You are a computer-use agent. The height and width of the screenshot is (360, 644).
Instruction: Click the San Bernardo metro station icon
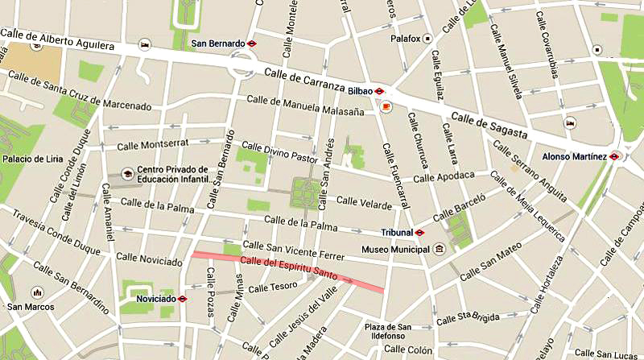[252, 43]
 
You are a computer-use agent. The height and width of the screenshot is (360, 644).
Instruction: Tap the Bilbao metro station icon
[378, 91]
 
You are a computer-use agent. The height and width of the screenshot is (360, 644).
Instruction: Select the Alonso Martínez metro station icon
[614, 155]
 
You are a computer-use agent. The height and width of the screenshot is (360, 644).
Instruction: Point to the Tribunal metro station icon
[419, 232]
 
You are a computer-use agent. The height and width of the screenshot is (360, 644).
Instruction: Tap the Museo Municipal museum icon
[439, 249]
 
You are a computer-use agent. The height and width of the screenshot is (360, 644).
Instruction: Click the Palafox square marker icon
[428, 38]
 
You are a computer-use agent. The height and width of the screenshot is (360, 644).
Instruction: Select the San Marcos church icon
[36, 293]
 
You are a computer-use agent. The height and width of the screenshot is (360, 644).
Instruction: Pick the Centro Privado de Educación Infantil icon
[126, 174]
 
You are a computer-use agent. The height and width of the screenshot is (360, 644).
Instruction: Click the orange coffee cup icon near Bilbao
[386, 107]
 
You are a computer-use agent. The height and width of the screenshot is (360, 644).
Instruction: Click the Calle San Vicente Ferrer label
[293, 250]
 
